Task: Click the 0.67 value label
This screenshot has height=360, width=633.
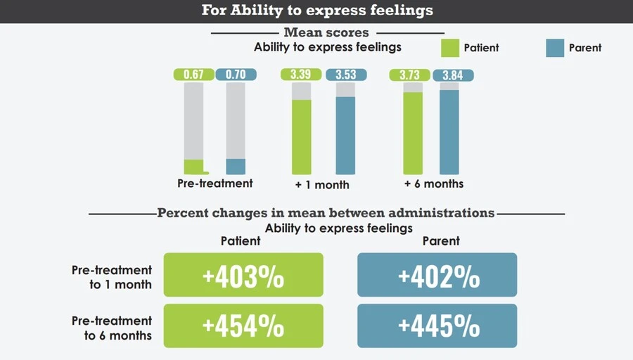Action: click(193, 75)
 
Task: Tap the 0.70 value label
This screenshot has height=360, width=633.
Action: click(236, 75)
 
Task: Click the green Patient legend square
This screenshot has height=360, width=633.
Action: click(449, 48)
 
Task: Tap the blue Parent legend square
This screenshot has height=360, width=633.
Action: click(555, 48)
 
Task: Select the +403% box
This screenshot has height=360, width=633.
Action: click(243, 276)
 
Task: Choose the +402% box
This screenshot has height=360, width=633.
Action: click(437, 276)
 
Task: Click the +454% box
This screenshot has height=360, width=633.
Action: click(243, 326)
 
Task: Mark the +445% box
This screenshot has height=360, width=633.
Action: click(437, 326)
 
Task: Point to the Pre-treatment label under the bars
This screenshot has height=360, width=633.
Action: click(215, 183)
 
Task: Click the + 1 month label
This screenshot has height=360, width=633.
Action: click(322, 184)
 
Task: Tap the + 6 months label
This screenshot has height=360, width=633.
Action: click(434, 184)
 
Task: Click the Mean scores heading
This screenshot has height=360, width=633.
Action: click(326, 32)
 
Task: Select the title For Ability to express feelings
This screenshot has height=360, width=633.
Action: click(316, 11)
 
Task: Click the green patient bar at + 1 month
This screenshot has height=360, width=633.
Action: click(301, 136)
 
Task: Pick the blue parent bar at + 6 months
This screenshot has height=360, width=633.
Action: click(449, 131)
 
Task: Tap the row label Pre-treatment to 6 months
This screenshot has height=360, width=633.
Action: click(112, 328)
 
